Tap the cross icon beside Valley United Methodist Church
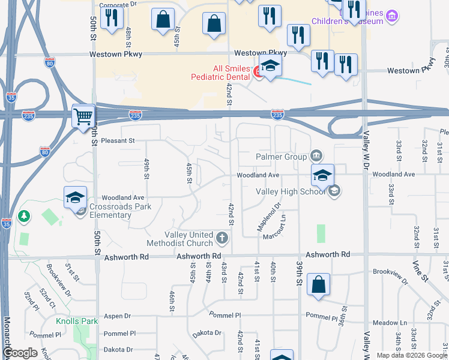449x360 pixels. click(x=222, y=239)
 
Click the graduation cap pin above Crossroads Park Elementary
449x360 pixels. click(x=76, y=198)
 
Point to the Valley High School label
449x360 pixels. click(x=291, y=191)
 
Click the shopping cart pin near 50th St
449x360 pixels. click(x=83, y=116)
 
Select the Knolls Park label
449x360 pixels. click(x=77, y=321)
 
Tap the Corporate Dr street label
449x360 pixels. click(x=118, y=5)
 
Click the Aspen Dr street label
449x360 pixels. click(x=117, y=316)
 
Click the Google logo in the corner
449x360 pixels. click(x=20, y=353)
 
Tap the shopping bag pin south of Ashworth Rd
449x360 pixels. click(x=318, y=285)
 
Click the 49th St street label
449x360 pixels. click(x=146, y=169)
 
